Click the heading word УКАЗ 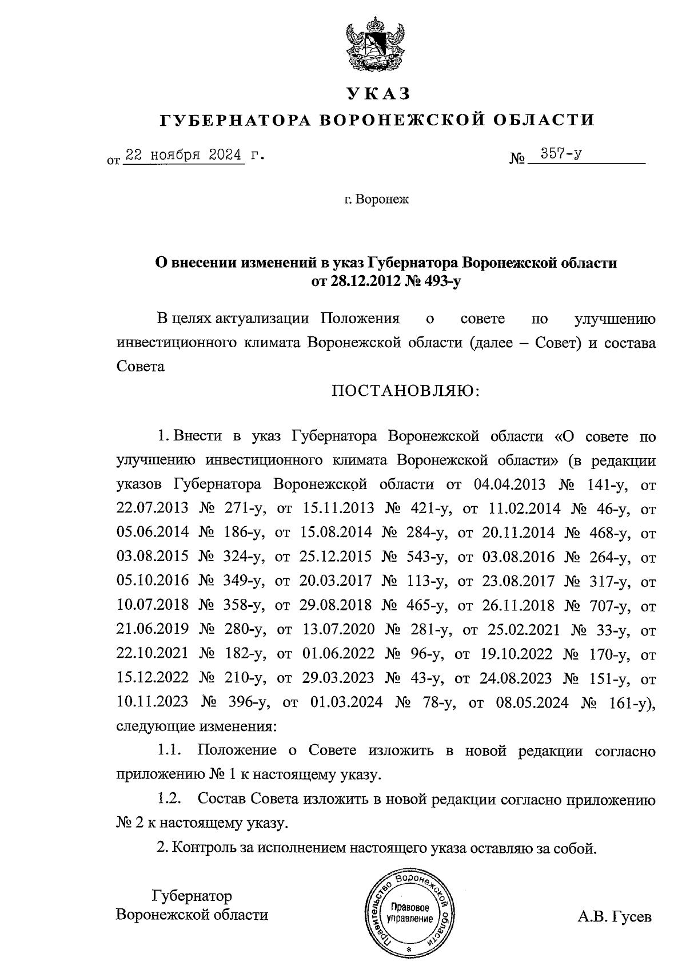click(378, 93)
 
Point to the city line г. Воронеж click(377, 200)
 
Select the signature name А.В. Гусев click(614, 918)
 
